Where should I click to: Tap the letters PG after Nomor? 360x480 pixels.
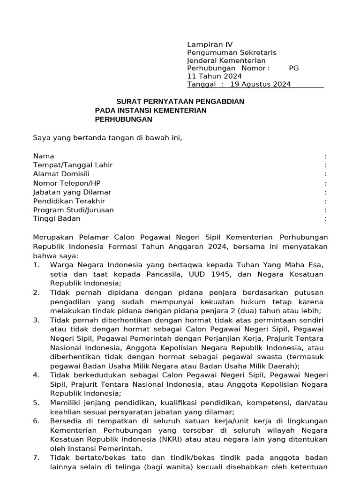[x=293, y=68]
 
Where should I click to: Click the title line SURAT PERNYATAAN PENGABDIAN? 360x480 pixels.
[x=180, y=102]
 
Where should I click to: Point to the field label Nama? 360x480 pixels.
[x=44, y=156]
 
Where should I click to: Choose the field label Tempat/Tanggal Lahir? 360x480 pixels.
[x=73, y=165]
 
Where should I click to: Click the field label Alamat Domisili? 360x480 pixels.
[x=61, y=174]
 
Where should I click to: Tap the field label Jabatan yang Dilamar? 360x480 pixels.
[x=72, y=192]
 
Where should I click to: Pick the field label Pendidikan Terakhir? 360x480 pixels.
[x=69, y=201]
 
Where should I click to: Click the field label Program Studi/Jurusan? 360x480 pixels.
[x=73, y=210]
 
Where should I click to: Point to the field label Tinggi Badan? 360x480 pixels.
[x=57, y=219]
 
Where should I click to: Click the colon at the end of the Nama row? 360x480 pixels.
[x=325, y=156]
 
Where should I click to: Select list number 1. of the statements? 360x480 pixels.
[x=36, y=265]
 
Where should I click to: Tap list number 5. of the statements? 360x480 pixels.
[x=36, y=403]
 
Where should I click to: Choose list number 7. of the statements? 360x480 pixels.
[x=36, y=457]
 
